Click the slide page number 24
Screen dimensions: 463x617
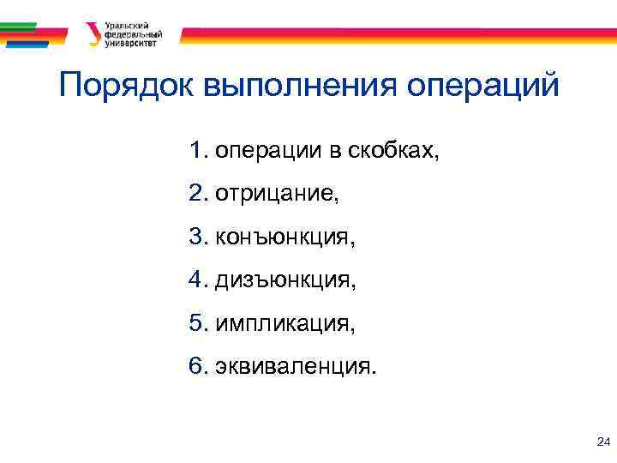602,442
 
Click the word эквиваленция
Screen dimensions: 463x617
296,367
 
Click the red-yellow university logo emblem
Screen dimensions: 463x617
92,33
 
